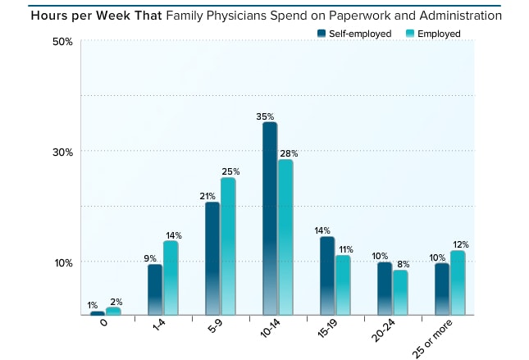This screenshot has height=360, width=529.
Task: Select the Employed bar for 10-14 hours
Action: point(285,237)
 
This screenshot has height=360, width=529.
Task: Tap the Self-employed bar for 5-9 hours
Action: point(212,257)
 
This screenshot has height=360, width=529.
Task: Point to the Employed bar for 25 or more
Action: point(458,282)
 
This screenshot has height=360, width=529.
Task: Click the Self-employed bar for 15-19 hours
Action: point(327,276)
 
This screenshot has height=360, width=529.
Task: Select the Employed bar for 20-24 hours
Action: point(400,292)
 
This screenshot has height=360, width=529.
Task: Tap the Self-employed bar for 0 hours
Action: point(98,312)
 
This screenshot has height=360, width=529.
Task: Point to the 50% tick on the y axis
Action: point(63,41)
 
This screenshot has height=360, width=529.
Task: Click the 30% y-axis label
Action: point(63,152)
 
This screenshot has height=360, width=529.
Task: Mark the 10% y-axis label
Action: point(63,262)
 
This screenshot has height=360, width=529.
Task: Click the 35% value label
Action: point(265,116)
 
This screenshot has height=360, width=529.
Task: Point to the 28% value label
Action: point(288,153)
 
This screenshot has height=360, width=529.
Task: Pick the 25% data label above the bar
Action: point(230,171)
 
